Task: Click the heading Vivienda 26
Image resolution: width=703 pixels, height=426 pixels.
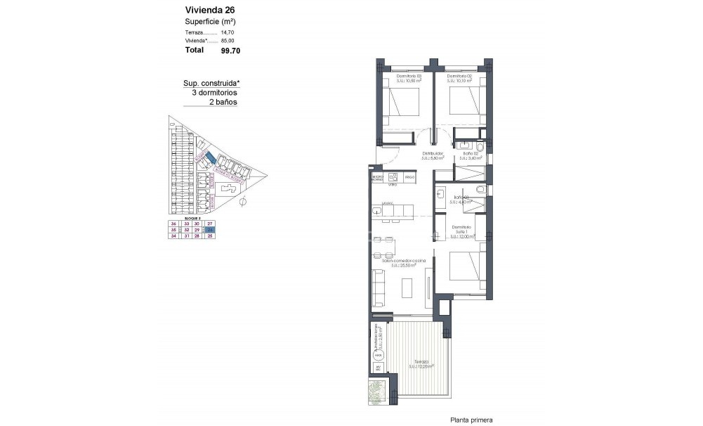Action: [209, 10]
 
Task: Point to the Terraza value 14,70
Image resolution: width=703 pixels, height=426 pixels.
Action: [228, 32]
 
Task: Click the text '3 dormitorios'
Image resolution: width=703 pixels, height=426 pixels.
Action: [214, 93]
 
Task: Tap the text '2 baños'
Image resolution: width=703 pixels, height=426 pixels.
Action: [223, 102]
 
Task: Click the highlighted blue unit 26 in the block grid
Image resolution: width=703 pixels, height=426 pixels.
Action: [209, 230]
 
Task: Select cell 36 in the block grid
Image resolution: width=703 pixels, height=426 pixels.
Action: [173, 224]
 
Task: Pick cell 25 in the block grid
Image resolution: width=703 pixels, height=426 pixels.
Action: [209, 236]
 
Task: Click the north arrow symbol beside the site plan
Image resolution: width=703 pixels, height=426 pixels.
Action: [242, 202]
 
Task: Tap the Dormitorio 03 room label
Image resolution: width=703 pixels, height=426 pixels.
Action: [409, 76]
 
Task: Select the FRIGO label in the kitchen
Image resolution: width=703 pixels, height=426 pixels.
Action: [409, 178]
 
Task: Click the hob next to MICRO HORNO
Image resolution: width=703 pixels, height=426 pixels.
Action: [393, 177]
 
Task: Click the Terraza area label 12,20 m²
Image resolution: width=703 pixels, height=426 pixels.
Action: [421, 366]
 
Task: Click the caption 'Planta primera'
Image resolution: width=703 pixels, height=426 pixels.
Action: [471, 420]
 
